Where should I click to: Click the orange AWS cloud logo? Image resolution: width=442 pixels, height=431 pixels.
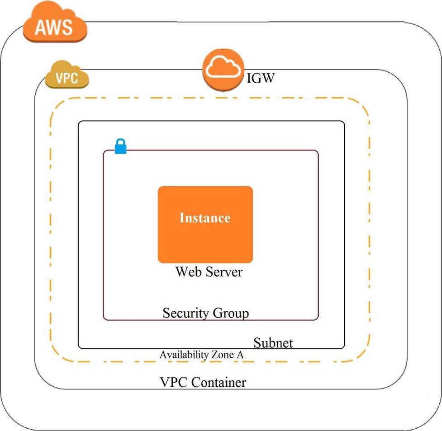click(55, 23)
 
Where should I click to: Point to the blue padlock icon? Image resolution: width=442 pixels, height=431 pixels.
click(120, 147)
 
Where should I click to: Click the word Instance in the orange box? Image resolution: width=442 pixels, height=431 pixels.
click(205, 218)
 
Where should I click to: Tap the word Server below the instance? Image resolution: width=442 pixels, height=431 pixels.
click(223, 272)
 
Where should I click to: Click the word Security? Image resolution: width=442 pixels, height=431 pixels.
click(185, 313)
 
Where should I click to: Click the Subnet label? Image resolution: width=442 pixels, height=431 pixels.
click(273, 342)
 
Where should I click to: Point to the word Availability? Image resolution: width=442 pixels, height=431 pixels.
click(183, 355)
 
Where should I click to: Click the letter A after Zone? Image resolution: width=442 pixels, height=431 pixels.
click(240, 355)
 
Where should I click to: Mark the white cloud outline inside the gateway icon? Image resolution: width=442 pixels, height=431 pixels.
click(223, 68)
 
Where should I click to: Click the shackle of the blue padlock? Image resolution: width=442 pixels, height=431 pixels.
click(120, 142)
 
